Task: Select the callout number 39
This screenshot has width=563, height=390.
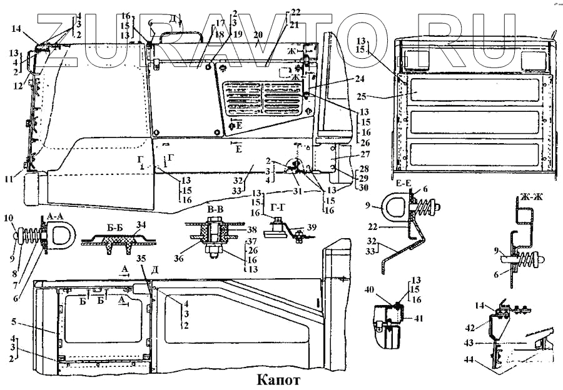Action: pos(313,227)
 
